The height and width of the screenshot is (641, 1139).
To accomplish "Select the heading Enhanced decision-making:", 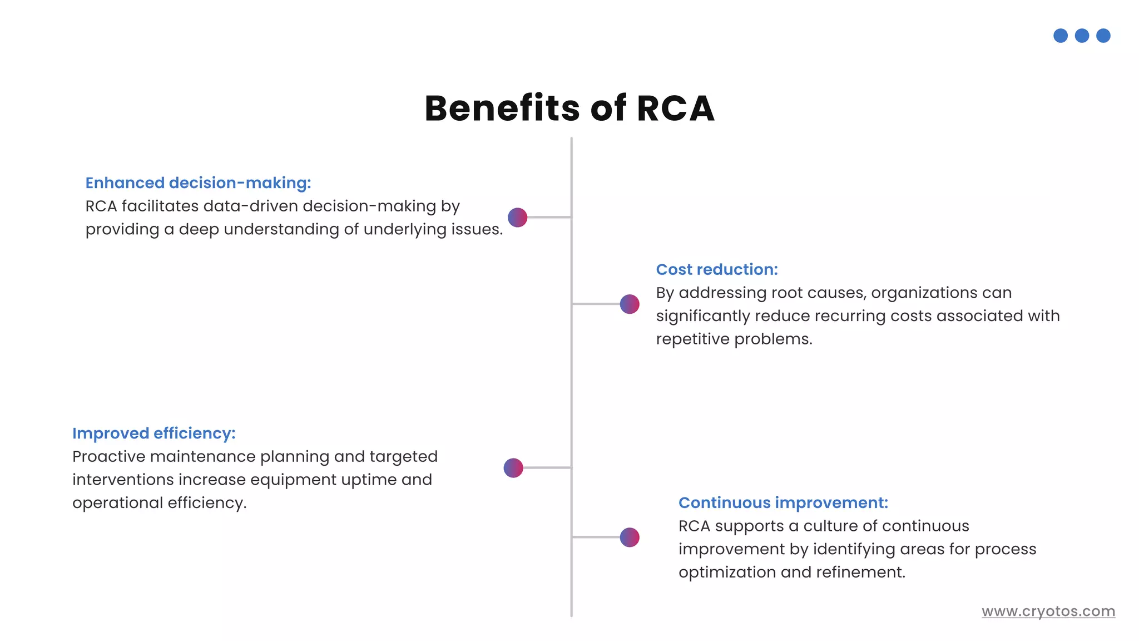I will [x=198, y=183].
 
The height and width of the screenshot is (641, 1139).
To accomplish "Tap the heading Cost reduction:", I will [x=716, y=270].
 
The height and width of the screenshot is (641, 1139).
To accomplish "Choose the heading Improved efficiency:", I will [x=153, y=433].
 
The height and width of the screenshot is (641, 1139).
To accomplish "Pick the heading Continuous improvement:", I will [x=783, y=503].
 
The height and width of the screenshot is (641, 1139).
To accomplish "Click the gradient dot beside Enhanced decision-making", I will [x=517, y=218].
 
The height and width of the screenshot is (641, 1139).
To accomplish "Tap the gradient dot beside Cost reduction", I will [x=629, y=304].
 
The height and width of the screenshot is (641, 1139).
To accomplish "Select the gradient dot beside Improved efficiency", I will [x=513, y=468].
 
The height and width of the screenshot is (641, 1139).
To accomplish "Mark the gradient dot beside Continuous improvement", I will [x=629, y=538].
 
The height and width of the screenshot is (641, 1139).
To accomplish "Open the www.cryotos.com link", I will [x=1048, y=611].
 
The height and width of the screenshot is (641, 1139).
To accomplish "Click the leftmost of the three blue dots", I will [x=1060, y=36].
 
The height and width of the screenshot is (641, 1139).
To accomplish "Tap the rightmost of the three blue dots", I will [x=1103, y=36].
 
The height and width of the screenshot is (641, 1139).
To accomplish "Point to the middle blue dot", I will [x=1082, y=36].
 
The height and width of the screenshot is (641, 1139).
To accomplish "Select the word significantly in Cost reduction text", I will [x=703, y=316].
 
